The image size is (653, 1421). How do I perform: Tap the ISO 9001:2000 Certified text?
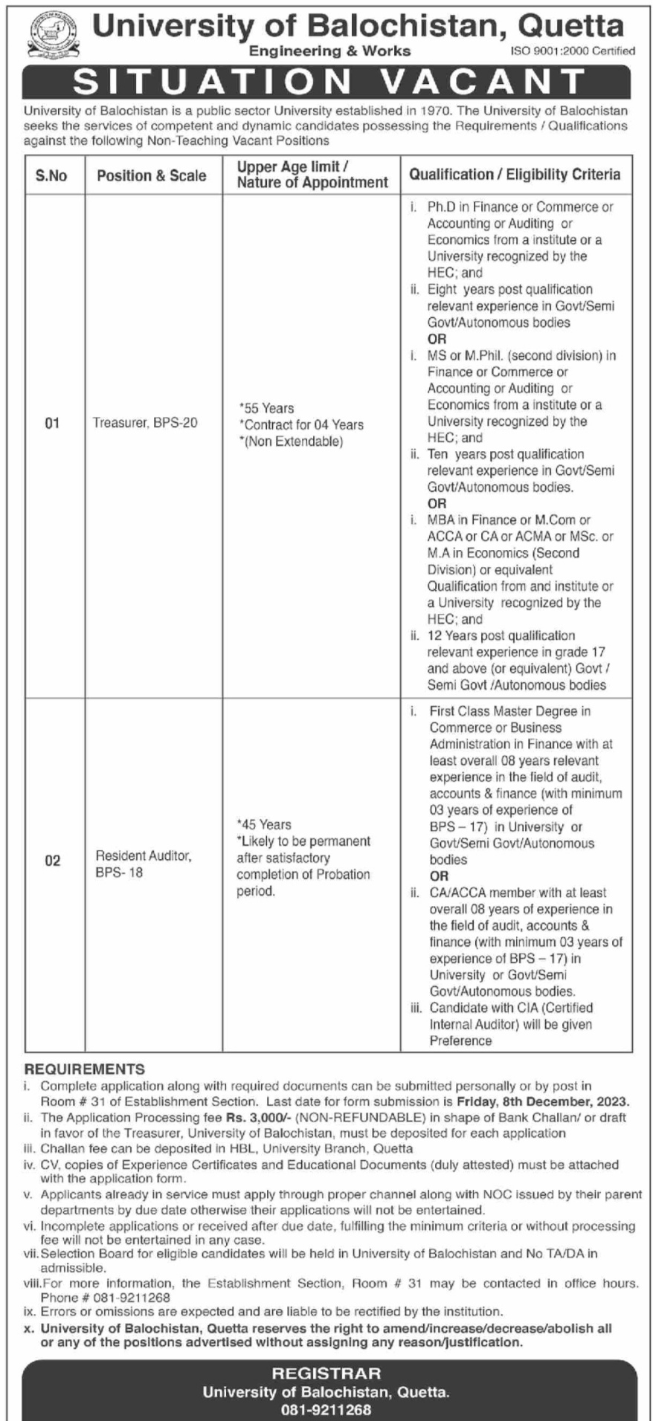pos(573,51)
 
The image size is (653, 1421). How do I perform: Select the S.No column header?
pos(51,176)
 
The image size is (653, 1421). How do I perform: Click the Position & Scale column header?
pos(152,176)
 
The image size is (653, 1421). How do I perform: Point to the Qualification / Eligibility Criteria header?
pos(515,175)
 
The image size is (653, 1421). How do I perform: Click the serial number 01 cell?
pos(52,424)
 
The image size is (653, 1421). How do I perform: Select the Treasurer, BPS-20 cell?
pos(145,423)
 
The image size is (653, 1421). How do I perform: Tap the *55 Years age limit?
pos(266,408)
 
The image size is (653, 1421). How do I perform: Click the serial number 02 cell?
pos(52,861)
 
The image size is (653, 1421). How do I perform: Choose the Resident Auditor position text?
pos(143,856)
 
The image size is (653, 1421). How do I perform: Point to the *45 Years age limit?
pos(264,824)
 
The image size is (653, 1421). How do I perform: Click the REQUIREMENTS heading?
pos(85,1069)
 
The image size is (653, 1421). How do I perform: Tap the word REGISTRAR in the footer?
pos(326,1374)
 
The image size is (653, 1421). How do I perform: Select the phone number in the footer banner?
pos(326,1408)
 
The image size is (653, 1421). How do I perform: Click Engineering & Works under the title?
pos(329,51)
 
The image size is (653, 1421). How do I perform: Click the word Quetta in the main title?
pos(570,27)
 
